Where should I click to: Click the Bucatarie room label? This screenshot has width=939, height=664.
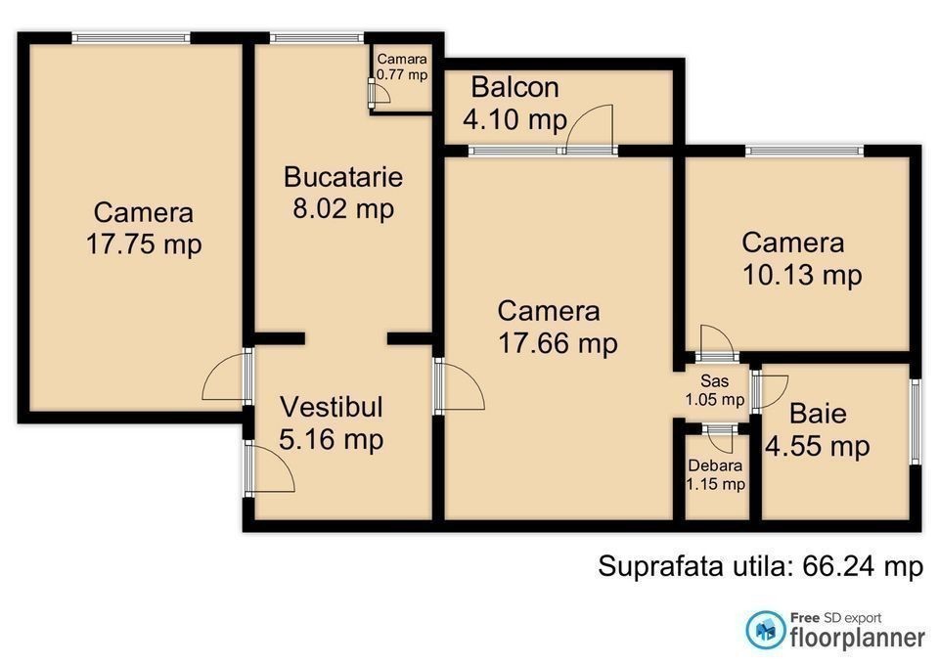[x=343, y=177]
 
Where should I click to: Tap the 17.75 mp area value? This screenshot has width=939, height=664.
[x=144, y=244]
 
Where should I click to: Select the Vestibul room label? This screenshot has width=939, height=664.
[x=332, y=407]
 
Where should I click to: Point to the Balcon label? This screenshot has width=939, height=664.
[x=515, y=87]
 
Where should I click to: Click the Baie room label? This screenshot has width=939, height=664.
[x=818, y=414]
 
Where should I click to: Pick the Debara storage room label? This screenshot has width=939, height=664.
[x=715, y=465]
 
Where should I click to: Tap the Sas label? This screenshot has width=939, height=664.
[x=715, y=380]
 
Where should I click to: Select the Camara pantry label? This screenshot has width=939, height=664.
[x=402, y=59]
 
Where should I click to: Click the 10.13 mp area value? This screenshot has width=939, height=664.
[x=802, y=275]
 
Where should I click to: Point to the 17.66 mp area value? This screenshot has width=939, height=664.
[x=558, y=343]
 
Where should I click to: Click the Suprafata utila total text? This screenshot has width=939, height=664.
[x=761, y=566]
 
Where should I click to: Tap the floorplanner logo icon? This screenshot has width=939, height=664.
[x=765, y=630]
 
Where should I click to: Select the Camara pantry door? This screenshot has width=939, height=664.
[x=380, y=92]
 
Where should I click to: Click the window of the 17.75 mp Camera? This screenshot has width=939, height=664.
[x=131, y=38]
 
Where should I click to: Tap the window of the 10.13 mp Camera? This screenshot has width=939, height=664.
[x=805, y=151]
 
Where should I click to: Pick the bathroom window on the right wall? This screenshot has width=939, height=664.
[x=916, y=421]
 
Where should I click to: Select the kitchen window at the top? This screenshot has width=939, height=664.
[x=317, y=38]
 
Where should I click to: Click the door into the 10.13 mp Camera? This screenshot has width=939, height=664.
[x=717, y=344]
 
